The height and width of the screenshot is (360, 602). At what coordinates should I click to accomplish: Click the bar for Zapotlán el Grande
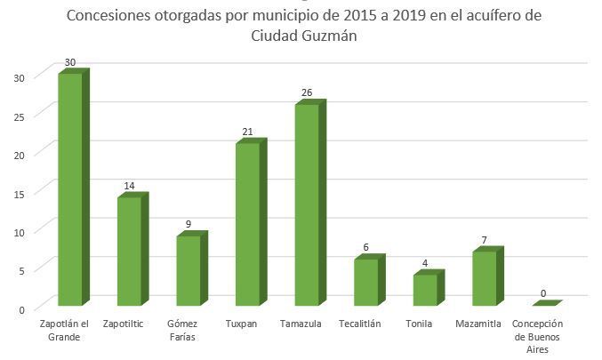pos(70,189)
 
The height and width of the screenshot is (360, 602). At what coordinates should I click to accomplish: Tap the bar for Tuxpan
pos(247,224)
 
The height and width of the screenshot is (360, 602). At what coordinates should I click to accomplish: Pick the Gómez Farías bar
pos(189,270)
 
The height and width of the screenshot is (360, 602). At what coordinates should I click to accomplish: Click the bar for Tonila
pos(425,290)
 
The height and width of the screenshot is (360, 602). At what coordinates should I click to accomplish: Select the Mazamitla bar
pos(485,278)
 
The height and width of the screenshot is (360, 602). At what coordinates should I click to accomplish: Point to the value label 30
pos(69,62)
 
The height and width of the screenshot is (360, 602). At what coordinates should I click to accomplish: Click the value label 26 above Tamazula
pos(307,93)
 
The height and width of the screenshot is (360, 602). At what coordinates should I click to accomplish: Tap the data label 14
pos(129,186)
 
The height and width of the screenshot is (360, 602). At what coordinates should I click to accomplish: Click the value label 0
pos(542,293)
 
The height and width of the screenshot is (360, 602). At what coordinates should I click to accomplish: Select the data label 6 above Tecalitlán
pos(366,248)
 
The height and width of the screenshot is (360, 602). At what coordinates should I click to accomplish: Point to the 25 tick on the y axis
pos(18,115)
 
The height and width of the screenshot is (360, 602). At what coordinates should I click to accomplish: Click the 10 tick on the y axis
pos(18,231)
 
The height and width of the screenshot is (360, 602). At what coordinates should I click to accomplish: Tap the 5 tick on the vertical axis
pos(20,269)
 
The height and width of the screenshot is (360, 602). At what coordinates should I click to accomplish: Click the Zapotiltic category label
pos(128,324)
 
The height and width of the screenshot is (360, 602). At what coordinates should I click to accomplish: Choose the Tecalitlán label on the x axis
pos(359,324)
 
